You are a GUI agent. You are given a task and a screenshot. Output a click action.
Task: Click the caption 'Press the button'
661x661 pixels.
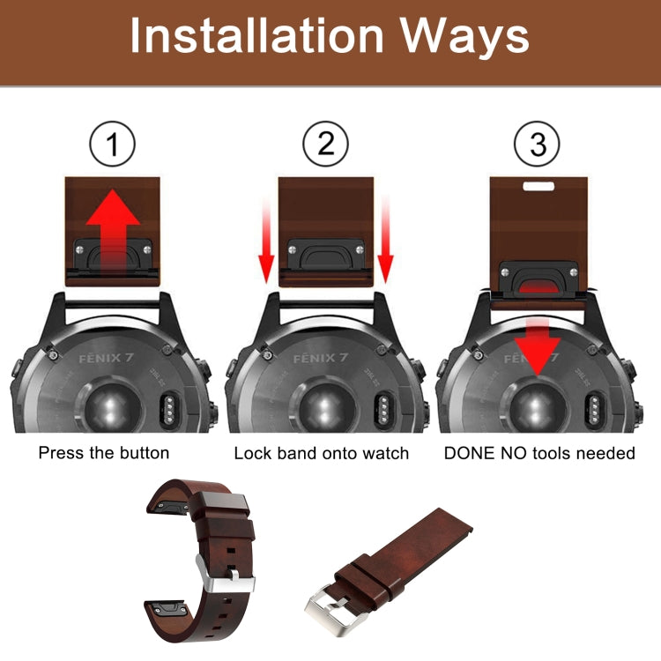[x=103, y=454]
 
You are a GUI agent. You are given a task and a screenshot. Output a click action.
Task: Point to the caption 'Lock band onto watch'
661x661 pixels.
[x=322, y=454]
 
